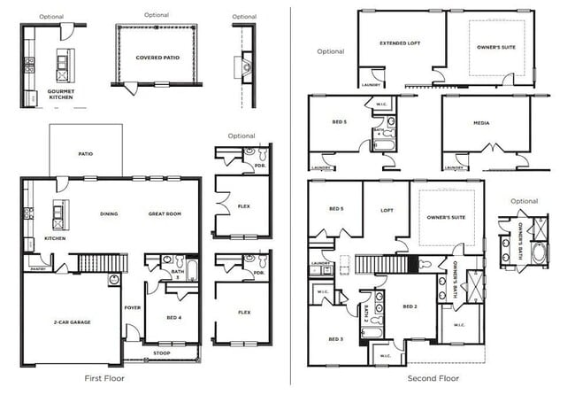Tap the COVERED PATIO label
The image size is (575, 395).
click(x=156, y=58)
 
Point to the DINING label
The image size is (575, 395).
click(x=109, y=213)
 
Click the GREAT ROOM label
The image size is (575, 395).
click(x=165, y=213)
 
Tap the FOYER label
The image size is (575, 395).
click(x=132, y=308)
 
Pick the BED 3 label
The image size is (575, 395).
click(x=335, y=339)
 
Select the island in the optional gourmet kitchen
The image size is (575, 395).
click(x=62, y=64)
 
